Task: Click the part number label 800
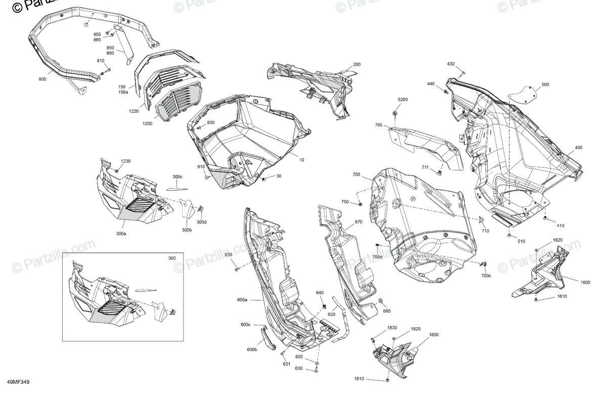click(x=42, y=79)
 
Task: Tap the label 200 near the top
click(x=357, y=64)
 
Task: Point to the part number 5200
click(x=402, y=100)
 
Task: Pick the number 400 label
click(x=578, y=148)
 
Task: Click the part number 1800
click(x=434, y=335)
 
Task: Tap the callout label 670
click(x=344, y=222)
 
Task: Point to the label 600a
click(x=242, y=300)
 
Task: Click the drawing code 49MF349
click(x=18, y=383)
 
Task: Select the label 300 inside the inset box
click(x=172, y=258)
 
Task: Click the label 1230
click(x=125, y=161)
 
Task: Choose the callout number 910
click(x=201, y=167)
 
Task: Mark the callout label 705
click(x=378, y=124)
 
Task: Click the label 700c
click(x=486, y=276)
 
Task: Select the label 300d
click(x=201, y=222)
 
